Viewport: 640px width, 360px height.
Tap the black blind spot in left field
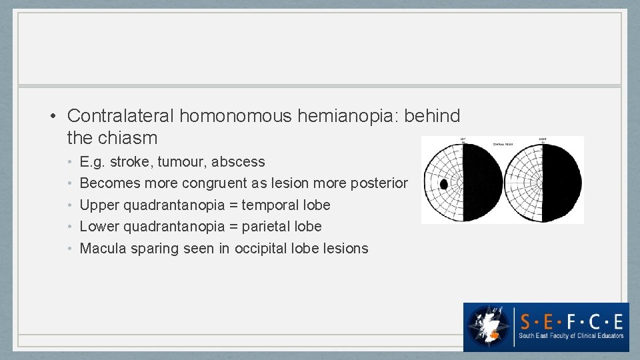443,184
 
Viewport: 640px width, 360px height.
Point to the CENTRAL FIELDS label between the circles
503,143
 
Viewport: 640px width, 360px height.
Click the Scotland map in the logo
489,326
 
